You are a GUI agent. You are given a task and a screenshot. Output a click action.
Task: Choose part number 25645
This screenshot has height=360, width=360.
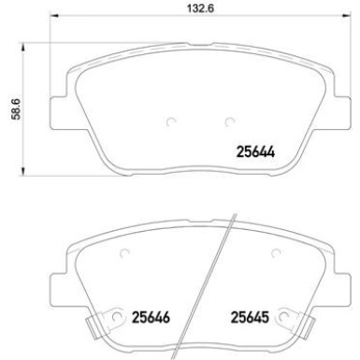click(248, 315)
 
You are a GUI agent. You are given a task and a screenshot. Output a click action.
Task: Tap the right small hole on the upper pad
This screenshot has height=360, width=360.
click(228, 121)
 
